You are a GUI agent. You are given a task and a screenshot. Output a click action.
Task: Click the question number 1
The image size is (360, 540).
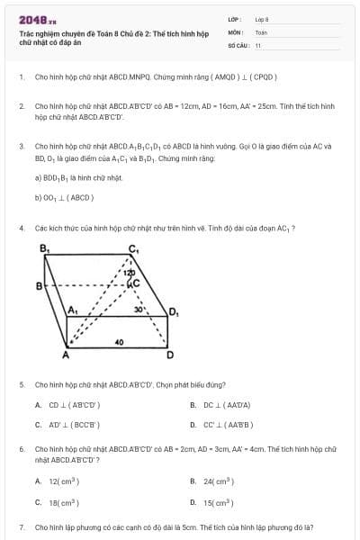click(21, 77)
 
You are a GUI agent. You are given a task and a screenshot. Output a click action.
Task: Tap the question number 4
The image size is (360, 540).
click(21, 228)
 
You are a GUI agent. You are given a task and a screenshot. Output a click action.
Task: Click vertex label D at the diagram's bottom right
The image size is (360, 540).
click(170, 355)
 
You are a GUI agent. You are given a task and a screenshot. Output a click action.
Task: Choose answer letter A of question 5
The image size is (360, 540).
click(38, 405)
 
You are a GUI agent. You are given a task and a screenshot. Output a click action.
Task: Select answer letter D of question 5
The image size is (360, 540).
click(193, 424)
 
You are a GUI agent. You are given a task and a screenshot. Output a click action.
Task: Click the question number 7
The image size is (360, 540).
click(21, 526)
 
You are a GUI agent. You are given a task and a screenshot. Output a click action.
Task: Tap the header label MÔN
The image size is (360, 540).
click(235, 31)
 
